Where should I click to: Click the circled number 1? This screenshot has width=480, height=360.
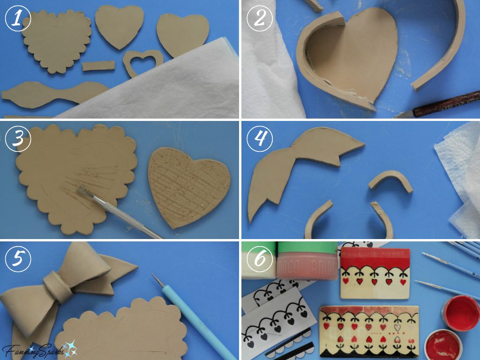[x=17, y=19]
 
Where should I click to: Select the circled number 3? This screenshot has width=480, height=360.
[x=17, y=139]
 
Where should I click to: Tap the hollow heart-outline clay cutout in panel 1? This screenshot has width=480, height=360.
[x=143, y=63]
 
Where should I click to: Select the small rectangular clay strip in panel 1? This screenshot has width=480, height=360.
[x=98, y=66]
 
